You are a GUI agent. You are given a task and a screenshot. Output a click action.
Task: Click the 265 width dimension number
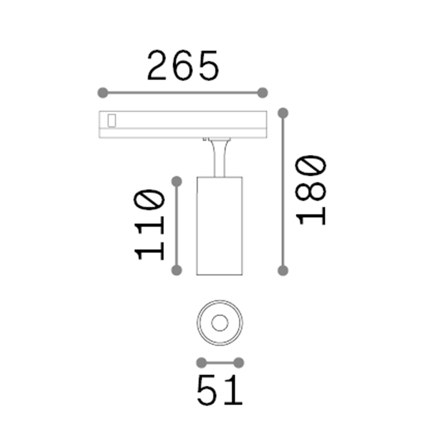183,66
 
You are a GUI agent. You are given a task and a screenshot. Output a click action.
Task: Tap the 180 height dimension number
312,190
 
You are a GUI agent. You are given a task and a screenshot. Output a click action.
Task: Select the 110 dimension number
150,224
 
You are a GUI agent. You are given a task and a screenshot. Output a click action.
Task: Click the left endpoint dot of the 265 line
102,93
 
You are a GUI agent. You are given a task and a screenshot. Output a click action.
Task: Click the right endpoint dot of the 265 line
262,93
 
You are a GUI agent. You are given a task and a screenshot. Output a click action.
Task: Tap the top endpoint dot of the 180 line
283,113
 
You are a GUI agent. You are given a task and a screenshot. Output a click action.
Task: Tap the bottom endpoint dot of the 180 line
283,270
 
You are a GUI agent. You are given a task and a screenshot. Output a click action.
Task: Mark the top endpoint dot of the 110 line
176,181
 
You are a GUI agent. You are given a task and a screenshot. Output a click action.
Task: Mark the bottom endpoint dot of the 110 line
176,270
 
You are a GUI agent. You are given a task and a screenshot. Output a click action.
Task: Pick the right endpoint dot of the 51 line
238,363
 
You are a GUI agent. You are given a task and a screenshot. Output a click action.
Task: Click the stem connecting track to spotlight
219,158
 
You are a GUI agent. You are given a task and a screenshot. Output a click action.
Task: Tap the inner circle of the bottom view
219,323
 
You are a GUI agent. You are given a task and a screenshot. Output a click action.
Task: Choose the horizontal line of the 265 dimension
182,93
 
